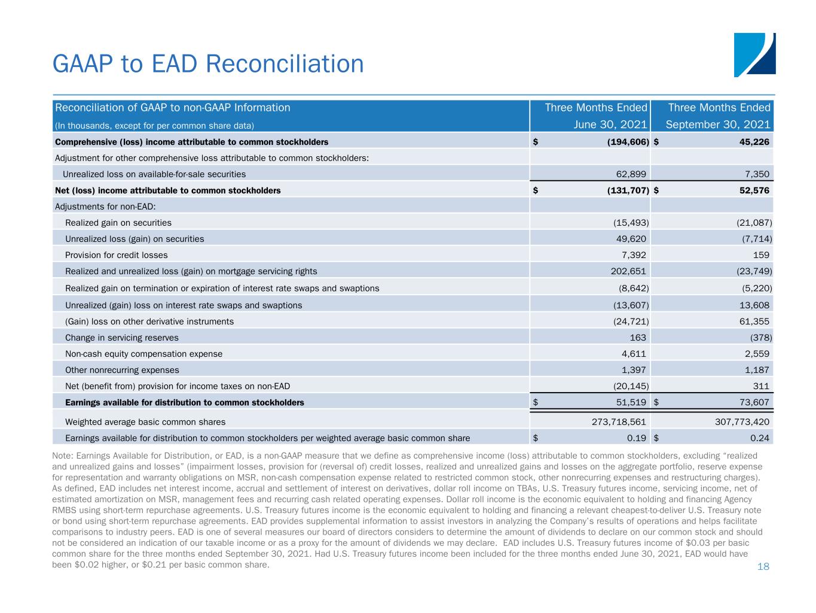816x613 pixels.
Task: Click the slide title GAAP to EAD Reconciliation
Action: (208, 64)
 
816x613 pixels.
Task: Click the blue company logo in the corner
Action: (754, 55)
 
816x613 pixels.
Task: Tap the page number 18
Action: (763, 566)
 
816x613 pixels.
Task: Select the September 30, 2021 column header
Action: (718, 125)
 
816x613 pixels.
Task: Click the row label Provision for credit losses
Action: (117, 255)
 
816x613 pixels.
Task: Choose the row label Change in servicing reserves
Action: (121, 338)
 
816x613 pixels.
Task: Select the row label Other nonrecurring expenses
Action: (122, 370)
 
